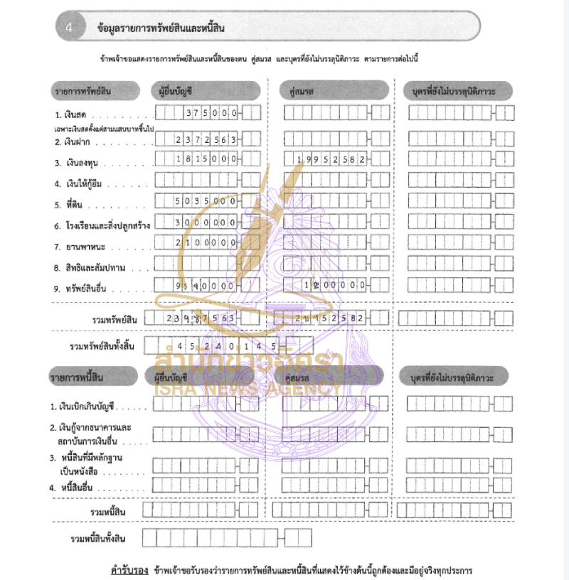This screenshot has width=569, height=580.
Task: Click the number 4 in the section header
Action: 69,28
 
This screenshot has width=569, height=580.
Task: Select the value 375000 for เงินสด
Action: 211,114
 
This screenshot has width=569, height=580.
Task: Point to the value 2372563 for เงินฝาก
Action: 206,140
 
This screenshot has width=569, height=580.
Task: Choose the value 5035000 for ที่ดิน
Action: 206,202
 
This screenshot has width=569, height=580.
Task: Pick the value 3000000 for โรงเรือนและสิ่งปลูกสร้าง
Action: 206,222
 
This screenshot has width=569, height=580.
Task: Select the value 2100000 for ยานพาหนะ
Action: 206,243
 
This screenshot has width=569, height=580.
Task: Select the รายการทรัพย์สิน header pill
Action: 83,91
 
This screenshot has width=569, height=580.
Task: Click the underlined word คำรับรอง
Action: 129,570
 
